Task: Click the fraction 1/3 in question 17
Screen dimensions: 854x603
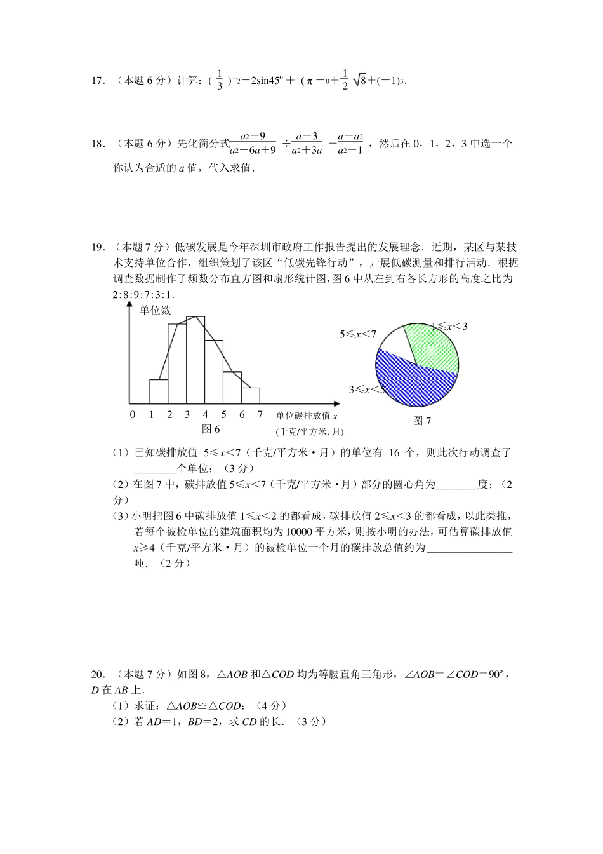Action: pyautogui.click(x=220, y=81)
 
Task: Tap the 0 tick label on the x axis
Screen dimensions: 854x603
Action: pyautogui.click(x=133, y=415)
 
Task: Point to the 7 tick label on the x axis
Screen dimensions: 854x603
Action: pyautogui.click(x=259, y=415)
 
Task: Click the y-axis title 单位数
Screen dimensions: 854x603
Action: pyautogui.click(x=156, y=310)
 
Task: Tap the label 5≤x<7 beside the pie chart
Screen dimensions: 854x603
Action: pyautogui.click(x=358, y=334)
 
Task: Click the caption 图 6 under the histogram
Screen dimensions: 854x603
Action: pyautogui.click(x=210, y=430)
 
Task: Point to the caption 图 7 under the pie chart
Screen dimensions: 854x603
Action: pyautogui.click(x=421, y=421)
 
